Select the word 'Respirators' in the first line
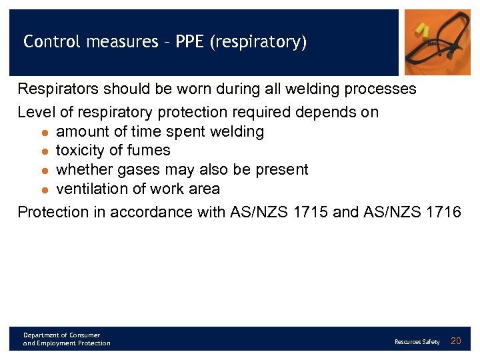click(57, 89)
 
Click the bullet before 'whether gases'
click(44, 171)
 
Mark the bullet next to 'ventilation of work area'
click(44, 190)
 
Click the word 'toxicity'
click(83, 151)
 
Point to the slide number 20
click(456, 341)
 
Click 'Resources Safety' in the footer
click(417, 342)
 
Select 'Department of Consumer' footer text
click(61, 335)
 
